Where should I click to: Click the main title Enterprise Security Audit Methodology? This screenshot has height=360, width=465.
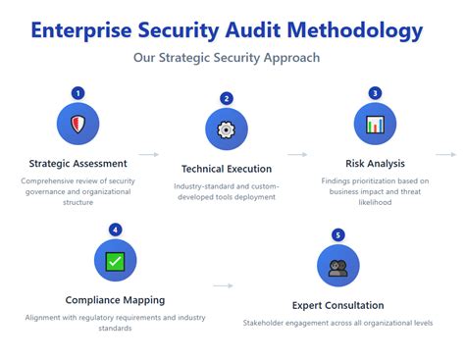227,29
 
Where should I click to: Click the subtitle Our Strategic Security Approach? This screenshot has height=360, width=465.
227,58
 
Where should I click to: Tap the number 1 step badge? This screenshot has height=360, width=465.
78,93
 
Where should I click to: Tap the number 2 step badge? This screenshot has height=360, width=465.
227,98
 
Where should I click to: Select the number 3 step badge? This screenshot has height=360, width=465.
375,93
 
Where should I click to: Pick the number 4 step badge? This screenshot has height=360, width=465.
116,230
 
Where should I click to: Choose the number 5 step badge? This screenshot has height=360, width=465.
338,235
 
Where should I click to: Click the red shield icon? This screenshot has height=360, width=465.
78,125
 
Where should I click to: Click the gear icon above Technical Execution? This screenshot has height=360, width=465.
227,129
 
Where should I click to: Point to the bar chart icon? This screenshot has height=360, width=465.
375,125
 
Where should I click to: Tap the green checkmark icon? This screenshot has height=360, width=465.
116,261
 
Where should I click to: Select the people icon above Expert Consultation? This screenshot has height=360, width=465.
338,267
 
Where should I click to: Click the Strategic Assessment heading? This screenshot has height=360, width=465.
78,164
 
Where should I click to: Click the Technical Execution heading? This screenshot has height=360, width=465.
227,169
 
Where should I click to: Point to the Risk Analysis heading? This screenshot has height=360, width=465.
375,164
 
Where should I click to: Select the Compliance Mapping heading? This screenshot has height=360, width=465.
116,300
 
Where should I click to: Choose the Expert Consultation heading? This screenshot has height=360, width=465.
338,305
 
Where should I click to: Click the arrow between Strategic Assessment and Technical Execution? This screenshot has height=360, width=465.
148,154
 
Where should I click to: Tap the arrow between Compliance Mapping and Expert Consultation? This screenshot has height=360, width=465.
223,286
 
